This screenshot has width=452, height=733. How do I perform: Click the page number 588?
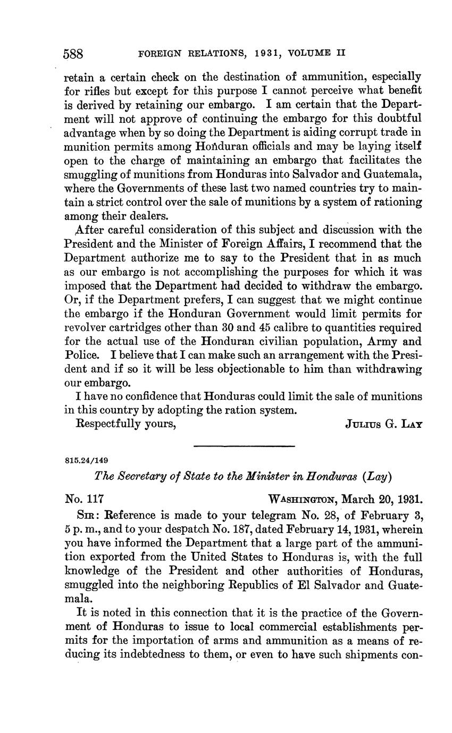click(x=74, y=53)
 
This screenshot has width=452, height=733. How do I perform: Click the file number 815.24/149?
click(x=87, y=460)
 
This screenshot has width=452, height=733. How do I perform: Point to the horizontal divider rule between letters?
click(x=244, y=445)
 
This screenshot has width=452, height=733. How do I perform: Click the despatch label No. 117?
click(x=83, y=500)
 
